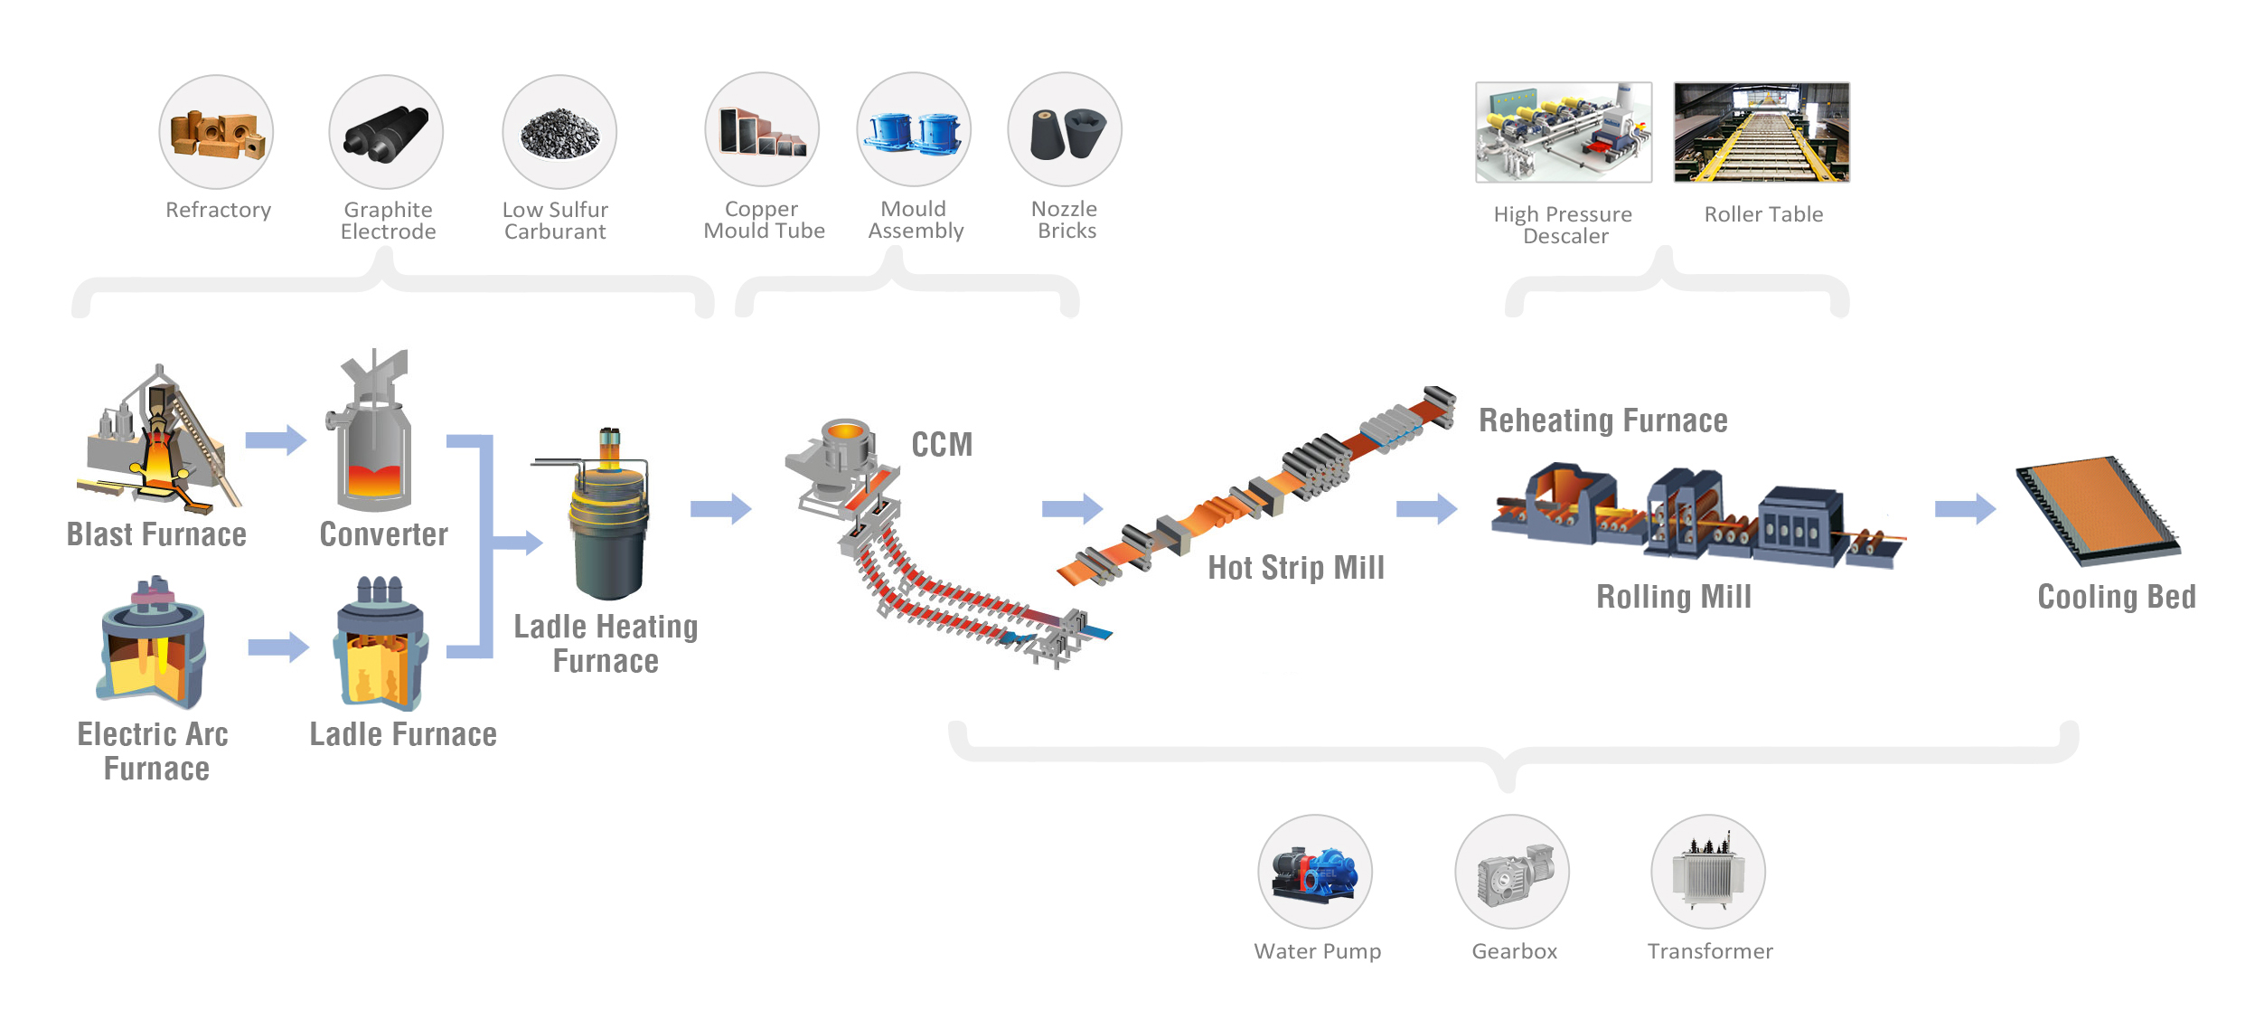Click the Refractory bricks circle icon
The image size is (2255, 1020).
[216, 132]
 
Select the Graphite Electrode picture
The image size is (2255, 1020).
[386, 132]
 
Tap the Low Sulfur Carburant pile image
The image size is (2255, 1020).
[559, 132]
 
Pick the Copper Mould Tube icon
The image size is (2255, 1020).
[762, 130]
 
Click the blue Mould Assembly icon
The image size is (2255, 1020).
[914, 130]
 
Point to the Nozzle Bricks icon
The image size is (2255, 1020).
[1065, 130]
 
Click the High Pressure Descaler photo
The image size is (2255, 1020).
[1564, 132]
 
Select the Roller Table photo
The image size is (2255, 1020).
[1762, 132]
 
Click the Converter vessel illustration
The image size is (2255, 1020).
[372, 434]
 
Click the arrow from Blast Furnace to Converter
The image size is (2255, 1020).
[276, 440]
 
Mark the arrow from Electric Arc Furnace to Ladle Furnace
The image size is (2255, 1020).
[278, 647]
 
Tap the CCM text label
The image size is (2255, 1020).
[942, 445]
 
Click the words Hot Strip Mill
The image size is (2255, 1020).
[1296, 568]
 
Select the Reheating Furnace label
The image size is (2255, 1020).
[1602, 420]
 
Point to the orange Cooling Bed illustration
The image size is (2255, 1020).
[2098, 510]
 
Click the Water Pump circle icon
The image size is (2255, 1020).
[1315, 872]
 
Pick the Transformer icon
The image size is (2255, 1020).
[1708, 872]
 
